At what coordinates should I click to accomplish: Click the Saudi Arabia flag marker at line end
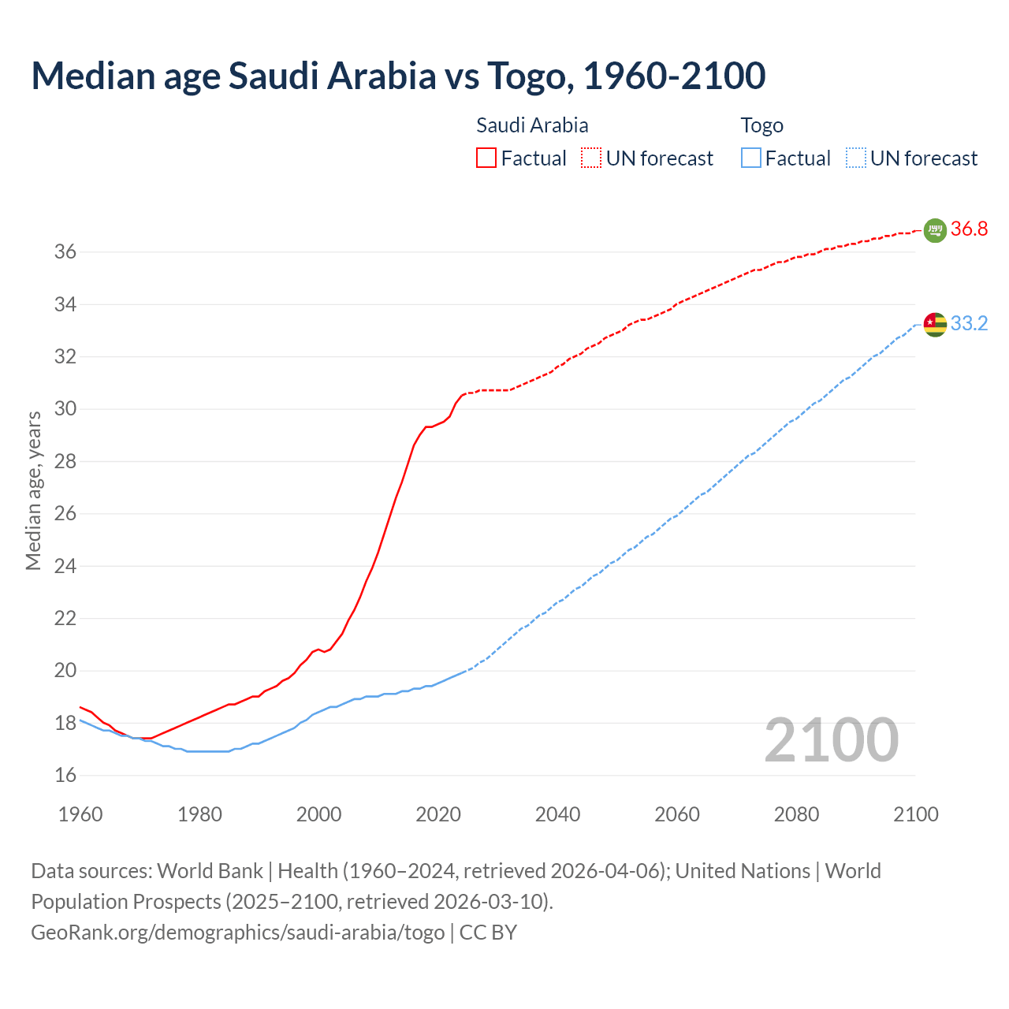934,230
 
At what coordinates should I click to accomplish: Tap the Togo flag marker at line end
935,324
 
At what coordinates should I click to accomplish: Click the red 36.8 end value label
969,229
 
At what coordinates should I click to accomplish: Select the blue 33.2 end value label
969,324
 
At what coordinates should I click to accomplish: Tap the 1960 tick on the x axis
80,814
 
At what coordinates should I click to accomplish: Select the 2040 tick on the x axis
557,814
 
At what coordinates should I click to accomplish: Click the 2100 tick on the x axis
915,814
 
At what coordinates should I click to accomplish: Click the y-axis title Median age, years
33,490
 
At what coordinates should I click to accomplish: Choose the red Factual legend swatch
486,158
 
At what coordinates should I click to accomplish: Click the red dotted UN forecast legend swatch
591,158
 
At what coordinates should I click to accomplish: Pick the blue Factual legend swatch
751,158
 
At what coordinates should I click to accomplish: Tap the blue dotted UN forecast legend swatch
856,158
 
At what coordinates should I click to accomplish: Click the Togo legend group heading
761,125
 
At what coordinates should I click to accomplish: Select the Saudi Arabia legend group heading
532,125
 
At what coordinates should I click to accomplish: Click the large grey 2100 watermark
831,740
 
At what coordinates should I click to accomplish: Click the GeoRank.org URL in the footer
237,933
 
